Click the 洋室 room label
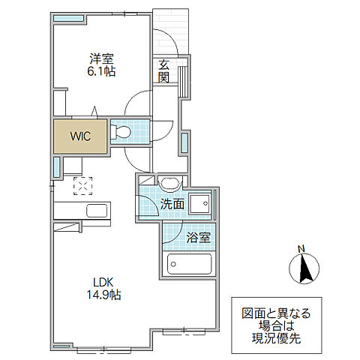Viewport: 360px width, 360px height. [101, 59]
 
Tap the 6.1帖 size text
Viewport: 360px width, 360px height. [101, 71]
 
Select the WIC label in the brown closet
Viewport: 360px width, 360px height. [80, 136]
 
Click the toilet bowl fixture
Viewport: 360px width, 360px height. [121, 132]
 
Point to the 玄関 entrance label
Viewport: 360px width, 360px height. [164, 71]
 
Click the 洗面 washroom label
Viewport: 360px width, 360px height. [172, 204]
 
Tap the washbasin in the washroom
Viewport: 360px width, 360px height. [170, 184]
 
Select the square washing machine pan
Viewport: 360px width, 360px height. [199, 203]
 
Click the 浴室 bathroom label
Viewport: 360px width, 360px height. [199, 238]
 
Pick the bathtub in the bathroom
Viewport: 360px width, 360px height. [190, 264]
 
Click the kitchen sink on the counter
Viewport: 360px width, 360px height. [97, 211]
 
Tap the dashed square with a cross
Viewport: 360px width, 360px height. [82, 186]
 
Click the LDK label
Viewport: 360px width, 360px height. [103, 283]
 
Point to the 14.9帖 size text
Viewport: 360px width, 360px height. [103, 295]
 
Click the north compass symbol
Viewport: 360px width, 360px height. [304, 268]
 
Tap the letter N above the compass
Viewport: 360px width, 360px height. [301, 249]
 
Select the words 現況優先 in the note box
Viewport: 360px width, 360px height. [276, 338]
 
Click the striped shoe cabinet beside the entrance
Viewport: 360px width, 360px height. [184, 82]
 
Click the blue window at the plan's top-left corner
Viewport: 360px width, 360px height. [68, 18]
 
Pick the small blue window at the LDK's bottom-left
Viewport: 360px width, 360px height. [61, 346]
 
